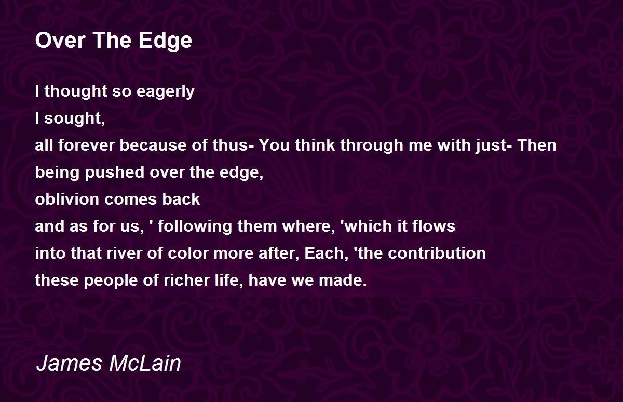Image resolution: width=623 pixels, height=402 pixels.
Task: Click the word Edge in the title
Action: (165, 41)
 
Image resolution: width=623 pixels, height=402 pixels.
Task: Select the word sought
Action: (75, 118)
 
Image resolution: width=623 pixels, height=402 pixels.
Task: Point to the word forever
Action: (87, 145)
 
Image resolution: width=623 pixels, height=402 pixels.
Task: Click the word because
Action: (153, 145)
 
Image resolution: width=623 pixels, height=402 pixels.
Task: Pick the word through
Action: (372, 145)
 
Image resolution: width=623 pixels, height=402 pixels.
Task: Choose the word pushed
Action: (115, 172)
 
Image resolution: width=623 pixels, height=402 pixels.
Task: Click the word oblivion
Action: (67, 199)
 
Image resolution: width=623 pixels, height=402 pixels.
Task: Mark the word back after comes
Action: (181, 199)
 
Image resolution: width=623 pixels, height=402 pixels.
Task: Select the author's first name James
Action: (69, 364)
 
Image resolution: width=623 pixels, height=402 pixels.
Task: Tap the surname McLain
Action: (145, 364)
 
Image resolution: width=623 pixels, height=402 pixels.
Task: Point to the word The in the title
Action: (112, 41)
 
